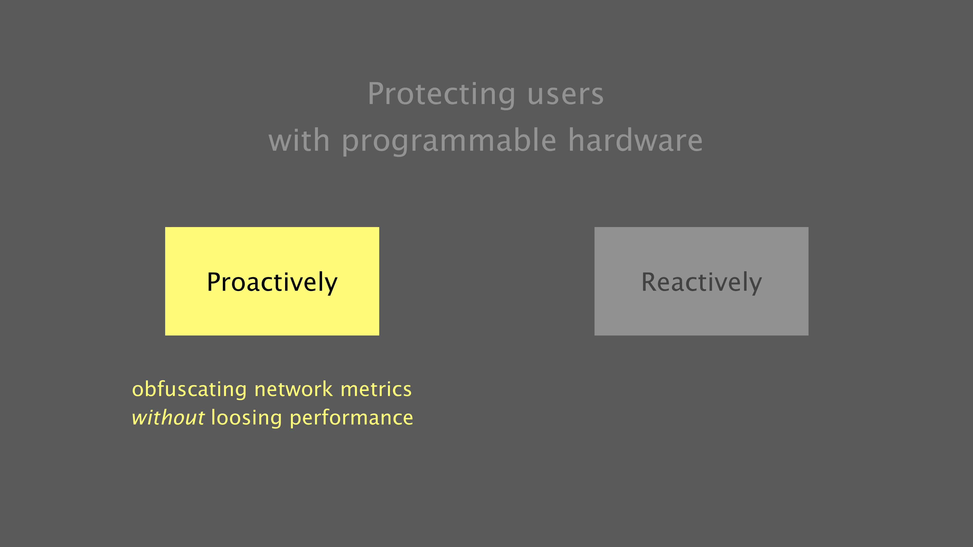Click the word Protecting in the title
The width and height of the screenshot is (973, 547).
point(441,94)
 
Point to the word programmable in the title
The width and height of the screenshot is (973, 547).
point(449,141)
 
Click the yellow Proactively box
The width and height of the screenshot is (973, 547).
point(272,281)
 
